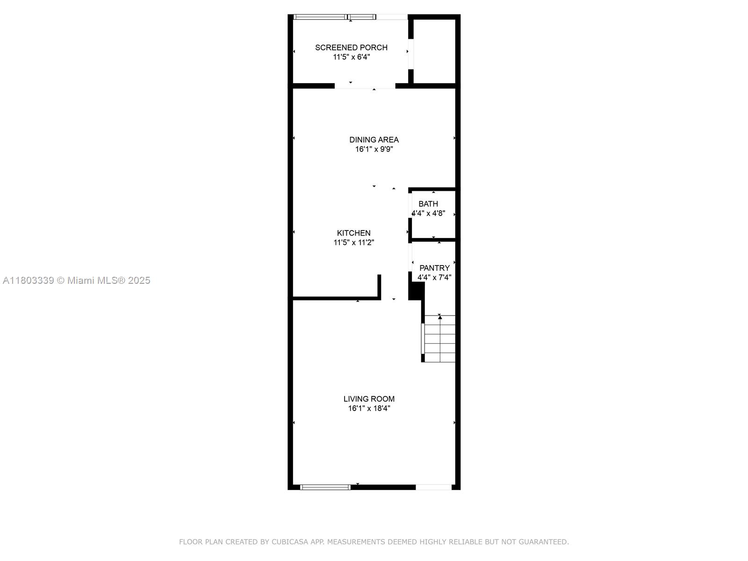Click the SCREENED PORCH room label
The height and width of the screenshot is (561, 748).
(x=351, y=47)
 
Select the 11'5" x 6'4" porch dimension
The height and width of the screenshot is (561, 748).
(x=351, y=57)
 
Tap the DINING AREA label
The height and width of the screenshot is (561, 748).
(x=374, y=139)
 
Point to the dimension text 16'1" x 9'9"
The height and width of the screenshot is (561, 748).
(x=374, y=149)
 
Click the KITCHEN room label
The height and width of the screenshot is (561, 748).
(x=354, y=233)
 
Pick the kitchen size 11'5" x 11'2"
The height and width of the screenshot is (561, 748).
(x=354, y=242)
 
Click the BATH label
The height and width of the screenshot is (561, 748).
(x=428, y=204)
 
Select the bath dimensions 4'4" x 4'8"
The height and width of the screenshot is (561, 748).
(x=428, y=213)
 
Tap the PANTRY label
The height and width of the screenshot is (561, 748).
(x=434, y=268)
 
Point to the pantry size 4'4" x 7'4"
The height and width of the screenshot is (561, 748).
(x=434, y=277)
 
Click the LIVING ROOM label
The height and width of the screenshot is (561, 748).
(x=369, y=399)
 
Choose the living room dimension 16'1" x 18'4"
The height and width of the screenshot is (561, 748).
(x=369, y=408)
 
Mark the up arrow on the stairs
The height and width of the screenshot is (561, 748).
(x=440, y=317)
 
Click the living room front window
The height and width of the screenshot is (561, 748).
(x=325, y=487)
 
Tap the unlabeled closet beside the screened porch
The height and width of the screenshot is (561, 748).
(x=434, y=51)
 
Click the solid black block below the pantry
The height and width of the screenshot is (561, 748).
(x=416, y=291)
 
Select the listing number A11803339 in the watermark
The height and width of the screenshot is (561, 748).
(x=28, y=280)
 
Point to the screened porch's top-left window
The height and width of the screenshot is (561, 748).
(x=320, y=17)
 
